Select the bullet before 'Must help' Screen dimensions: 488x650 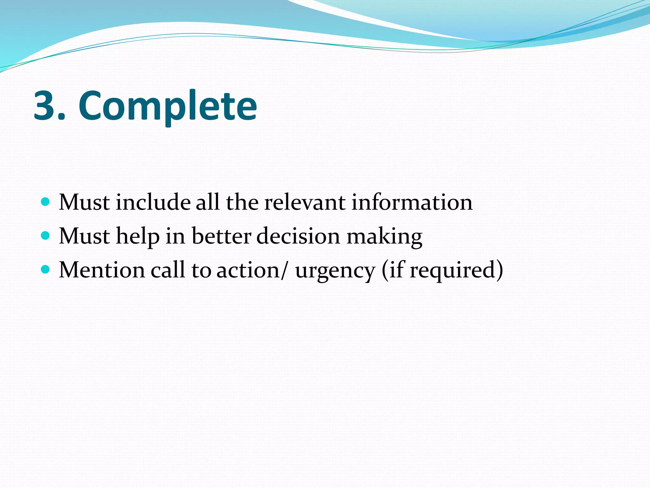(x=46, y=235)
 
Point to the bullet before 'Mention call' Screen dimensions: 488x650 (x=46, y=269)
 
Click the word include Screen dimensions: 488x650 (x=153, y=202)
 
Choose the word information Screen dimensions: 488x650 (x=412, y=202)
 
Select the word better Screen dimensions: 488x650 (x=222, y=236)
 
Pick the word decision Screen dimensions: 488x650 (x=298, y=236)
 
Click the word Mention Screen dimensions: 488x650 (x=102, y=270)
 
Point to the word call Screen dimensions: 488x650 (x=167, y=270)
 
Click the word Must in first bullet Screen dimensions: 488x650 (x=84, y=202)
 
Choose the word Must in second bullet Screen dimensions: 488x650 (x=84, y=236)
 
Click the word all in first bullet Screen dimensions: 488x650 (x=207, y=202)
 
